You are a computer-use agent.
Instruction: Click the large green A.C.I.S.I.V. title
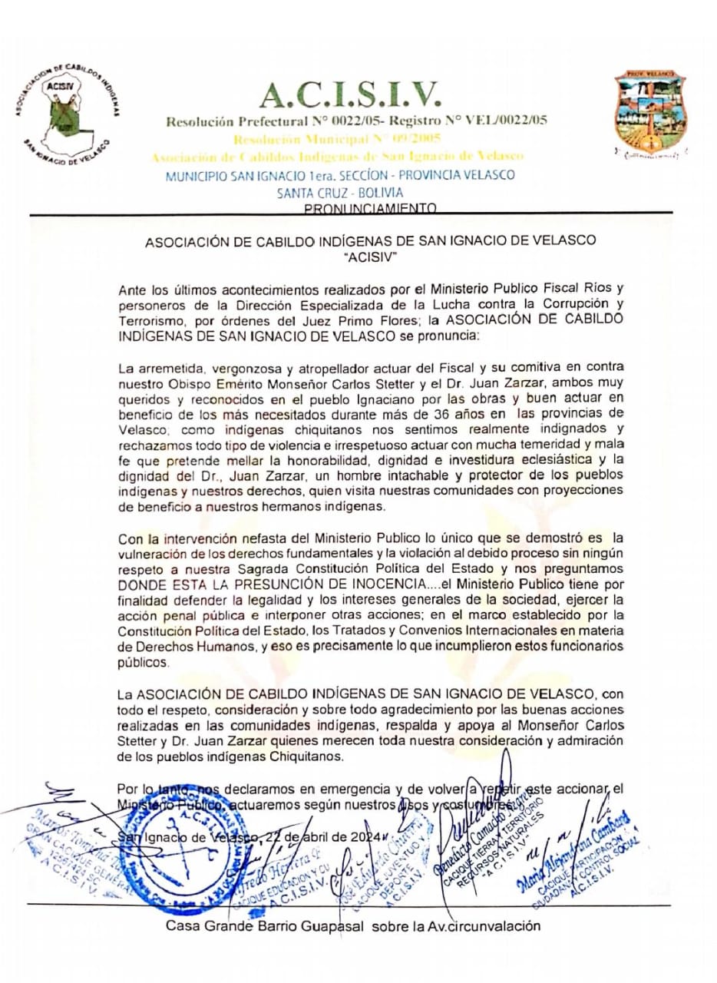[351, 94]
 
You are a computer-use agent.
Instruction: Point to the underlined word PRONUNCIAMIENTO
[371, 208]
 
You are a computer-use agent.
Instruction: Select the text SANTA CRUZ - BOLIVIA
[340, 192]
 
